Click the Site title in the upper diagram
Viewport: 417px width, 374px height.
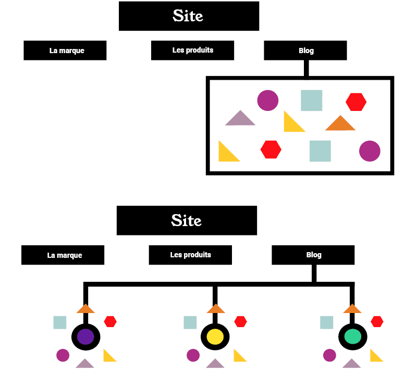[189, 16]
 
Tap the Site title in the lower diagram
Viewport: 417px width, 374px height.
[187, 220]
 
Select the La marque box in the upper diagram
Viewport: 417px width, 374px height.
[65, 51]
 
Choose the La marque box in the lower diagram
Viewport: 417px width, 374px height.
[63, 255]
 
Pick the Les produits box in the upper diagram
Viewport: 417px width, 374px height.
[192, 51]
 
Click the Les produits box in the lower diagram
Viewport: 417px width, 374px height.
[190, 255]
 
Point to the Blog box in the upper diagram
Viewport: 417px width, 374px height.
[305, 51]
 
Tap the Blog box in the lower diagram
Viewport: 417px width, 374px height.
[313, 255]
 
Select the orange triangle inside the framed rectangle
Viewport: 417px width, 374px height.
[340, 124]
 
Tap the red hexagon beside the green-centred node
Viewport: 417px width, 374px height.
[377, 321]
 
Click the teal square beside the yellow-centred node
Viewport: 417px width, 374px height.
[190, 322]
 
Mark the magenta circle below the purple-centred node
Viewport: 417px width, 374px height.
[63, 355]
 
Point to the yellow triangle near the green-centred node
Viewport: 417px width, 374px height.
[375, 356]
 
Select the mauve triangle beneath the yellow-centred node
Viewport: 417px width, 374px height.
[215, 364]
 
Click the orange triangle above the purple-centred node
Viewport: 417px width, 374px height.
[85, 309]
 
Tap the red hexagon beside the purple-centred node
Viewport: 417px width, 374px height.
[110, 321]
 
